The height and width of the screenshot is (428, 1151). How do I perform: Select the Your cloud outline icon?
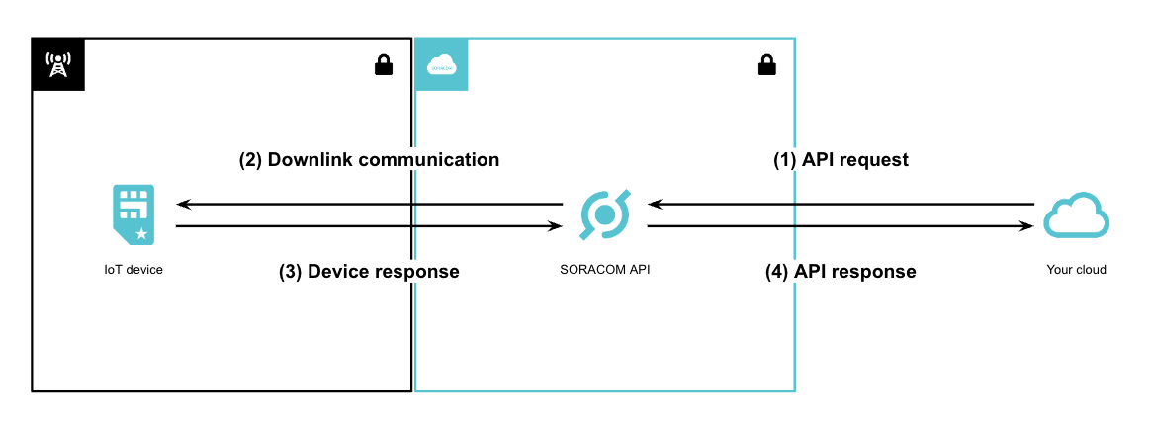[x=1077, y=215]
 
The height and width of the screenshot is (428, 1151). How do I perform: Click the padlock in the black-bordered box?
[x=383, y=65]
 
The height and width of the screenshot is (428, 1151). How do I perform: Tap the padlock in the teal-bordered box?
[x=766, y=65]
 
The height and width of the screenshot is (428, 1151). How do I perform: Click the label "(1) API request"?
[x=840, y=159]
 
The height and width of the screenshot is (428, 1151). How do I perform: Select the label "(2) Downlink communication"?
[x=369, y=159]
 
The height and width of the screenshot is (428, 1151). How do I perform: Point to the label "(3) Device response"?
[x=369, y=271]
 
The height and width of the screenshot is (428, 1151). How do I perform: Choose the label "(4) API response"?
[x=841, y=271]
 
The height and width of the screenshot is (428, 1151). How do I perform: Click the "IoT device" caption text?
[x=133, y=269]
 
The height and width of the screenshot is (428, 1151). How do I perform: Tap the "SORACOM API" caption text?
[x=604, y=269]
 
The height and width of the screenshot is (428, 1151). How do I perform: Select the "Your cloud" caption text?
[x=1077, y=269]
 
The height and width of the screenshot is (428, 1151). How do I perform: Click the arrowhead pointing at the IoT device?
[x=182, y=205]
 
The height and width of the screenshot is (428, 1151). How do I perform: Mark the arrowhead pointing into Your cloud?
[x=1027, y=226]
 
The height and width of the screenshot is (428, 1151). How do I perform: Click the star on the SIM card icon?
[x=142, y=234]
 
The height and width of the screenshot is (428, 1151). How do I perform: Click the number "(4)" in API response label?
[x=777, y=271]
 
